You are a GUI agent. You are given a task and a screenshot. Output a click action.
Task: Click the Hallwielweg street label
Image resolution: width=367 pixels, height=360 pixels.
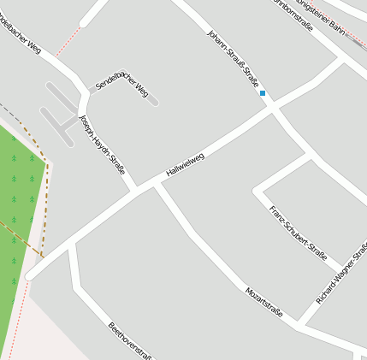point(186,164)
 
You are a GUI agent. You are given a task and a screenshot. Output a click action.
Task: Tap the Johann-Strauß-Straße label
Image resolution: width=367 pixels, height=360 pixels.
point(233,57)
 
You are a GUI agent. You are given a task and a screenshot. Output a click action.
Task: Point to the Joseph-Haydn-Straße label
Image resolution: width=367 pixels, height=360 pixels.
point(102,145)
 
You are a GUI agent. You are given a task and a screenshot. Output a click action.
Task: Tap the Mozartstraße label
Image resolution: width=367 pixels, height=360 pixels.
point(263,302)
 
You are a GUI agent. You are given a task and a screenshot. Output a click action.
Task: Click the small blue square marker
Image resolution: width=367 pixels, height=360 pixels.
point(263,92)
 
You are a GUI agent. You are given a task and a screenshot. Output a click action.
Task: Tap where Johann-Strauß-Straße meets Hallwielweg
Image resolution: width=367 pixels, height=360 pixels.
point(271,108)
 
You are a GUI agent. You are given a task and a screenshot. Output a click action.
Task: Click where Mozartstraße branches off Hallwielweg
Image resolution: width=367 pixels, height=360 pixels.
point(157,182)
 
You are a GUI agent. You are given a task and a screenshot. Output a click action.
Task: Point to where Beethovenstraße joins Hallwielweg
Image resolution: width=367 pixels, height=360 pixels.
point(72,244)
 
